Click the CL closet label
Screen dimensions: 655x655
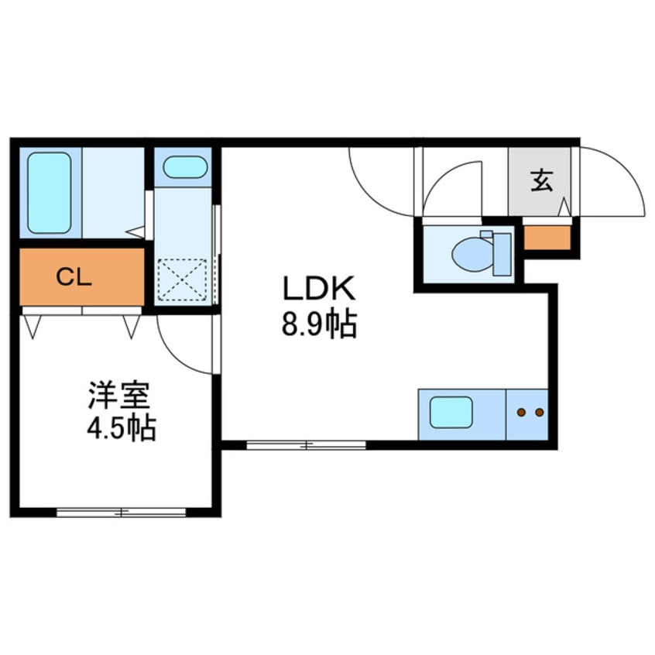[x=74, y=277]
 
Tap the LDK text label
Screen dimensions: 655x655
[x=319, y=288]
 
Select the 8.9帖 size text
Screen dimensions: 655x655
[x=319, y=324]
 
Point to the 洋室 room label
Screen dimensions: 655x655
[x=119, y=395]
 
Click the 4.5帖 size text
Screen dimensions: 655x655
[x=122, y=427]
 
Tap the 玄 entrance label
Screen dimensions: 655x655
[x=542, y=181]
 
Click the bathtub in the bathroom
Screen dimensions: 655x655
[x=50, y=193]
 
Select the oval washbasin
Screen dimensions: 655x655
[x=185, y=167]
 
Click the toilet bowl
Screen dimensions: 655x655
[x=472, y=255]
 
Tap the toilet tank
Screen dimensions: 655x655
[x=502, y=255]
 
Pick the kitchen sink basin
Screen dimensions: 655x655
[x=451, y=413]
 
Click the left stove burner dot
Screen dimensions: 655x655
[x=521, y=413]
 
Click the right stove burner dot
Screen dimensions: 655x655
[x=540, y=413]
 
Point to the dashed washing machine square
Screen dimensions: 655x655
[x=182, y=279]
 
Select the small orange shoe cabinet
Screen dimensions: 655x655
[x=547, y=238]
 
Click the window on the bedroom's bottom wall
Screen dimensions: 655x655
[x=121, y=512]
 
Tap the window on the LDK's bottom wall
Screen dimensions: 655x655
[x=306, y=445]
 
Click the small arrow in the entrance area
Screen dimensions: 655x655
[x=564, y=207]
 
